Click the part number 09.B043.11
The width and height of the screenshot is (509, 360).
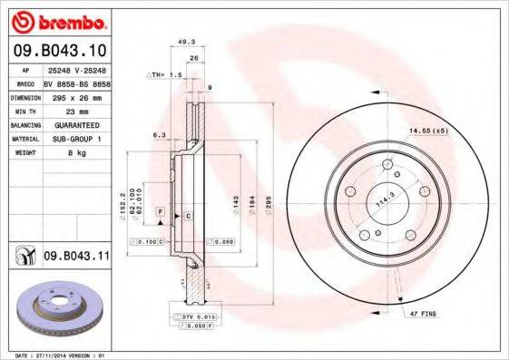pyautogui.click(x=75, y=257)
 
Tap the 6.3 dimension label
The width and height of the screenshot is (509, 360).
pyautogui.click(x=160, y=134)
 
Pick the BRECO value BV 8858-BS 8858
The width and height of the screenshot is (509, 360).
pyautogui.click(x=74, y=80)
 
